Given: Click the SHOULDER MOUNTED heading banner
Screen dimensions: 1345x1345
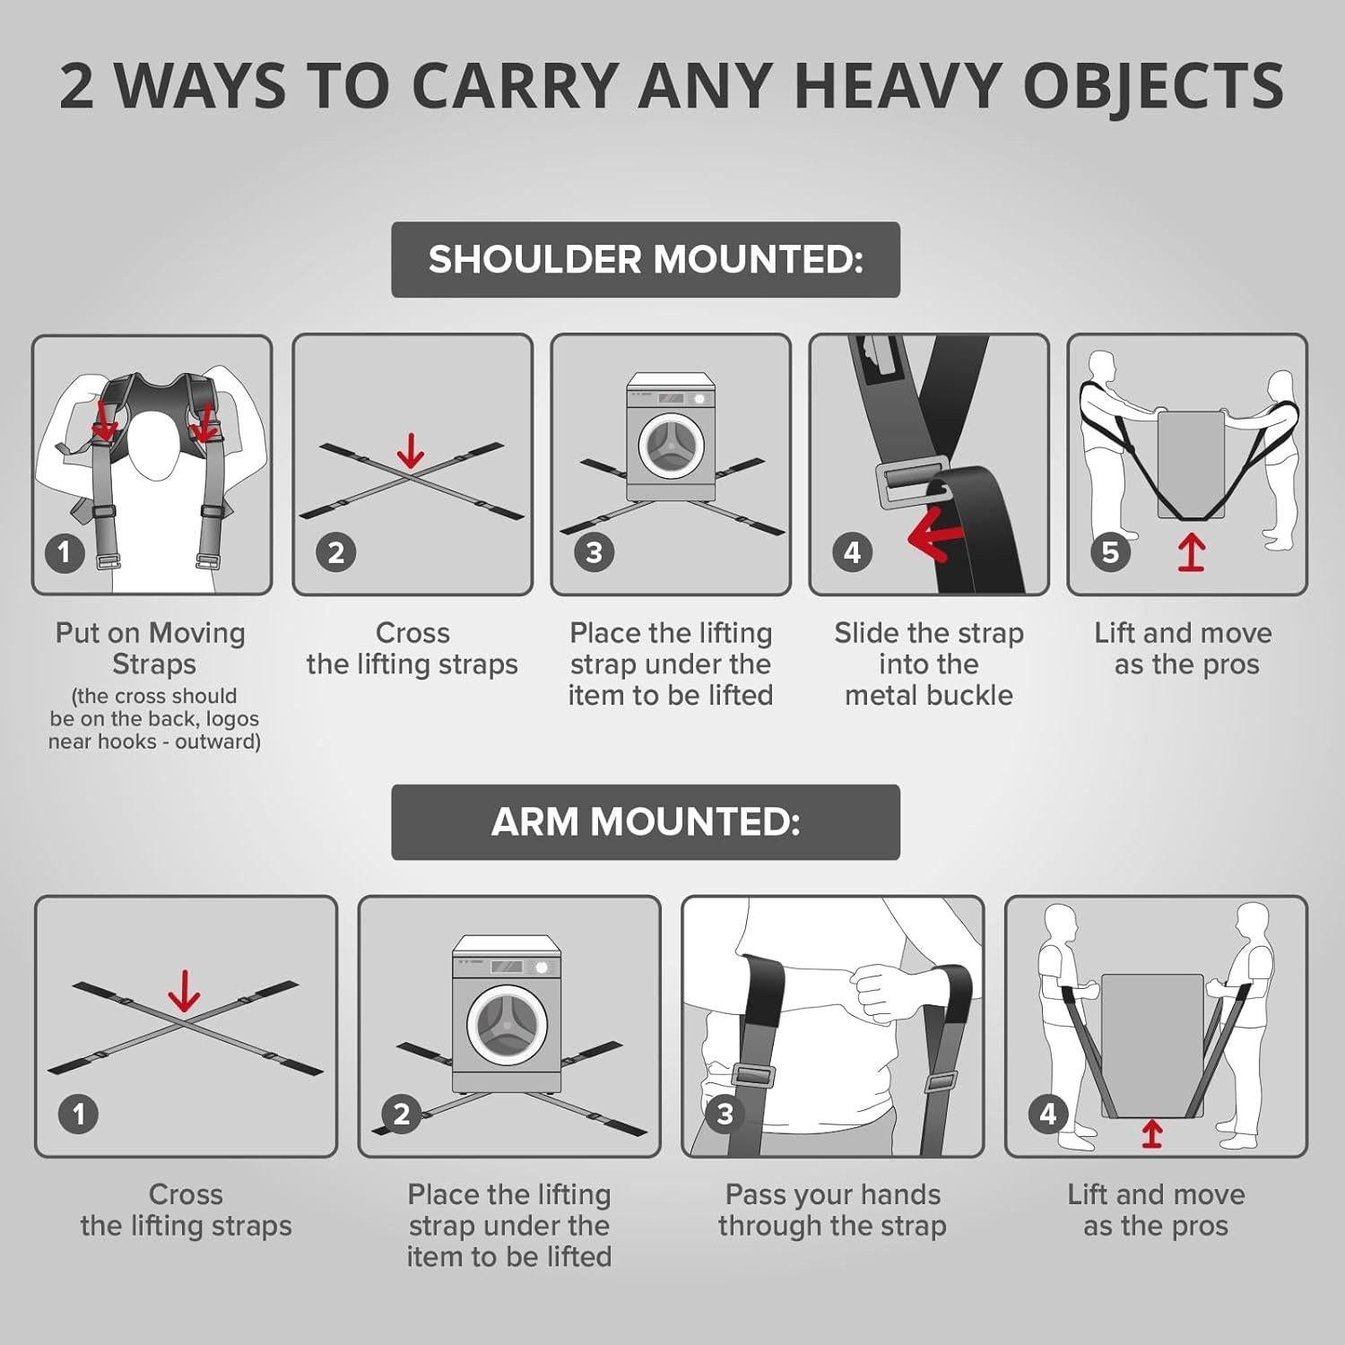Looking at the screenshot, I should click(x=645, y=260).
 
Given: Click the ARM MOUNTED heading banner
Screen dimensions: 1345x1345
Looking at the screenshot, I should click(x=645, y=822).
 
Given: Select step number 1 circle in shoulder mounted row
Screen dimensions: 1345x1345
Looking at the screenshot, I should click(x=64, y=551).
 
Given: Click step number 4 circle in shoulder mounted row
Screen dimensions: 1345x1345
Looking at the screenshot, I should click(x=852, y=551).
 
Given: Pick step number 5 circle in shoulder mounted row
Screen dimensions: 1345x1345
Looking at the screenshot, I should click(x=1110, y=551).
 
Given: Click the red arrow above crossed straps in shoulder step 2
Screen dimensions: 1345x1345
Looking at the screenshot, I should click(x=411, y=451).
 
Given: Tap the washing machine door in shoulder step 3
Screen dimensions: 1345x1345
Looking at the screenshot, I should click(x=672, y=446).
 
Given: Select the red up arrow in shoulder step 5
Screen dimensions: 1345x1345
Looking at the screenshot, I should click(x=1191, y=553).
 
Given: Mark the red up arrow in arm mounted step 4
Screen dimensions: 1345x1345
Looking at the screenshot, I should click(x=1152, y=1132).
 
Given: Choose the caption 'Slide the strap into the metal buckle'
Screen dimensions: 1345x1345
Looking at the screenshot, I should click(x=929, y=664).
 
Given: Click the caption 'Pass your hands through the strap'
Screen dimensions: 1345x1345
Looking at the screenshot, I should click(x=832, y=1210).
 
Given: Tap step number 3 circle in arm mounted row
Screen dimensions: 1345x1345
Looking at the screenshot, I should click(x=725, y=1114).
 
